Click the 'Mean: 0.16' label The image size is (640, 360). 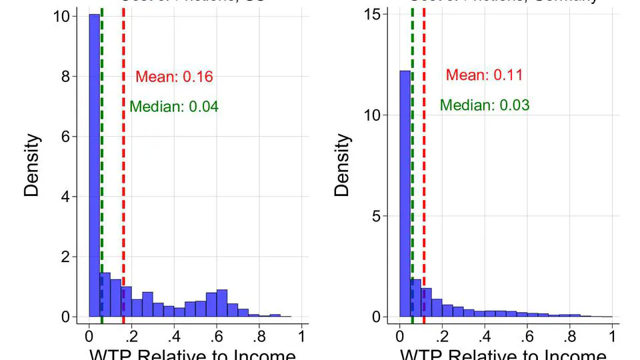(x=174, y=77)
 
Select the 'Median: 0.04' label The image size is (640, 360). (x=174, y=107)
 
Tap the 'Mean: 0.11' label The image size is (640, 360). (x=484, y=75)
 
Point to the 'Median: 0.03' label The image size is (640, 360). (x=485, y=105)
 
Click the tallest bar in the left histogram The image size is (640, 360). (x=95, y=167)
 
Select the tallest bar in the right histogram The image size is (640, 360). (x=405, y=193)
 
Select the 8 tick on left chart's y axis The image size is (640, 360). (x=65, y=77)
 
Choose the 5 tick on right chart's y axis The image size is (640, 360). (x=376, y=216)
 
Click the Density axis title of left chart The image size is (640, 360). (x=33, y=165)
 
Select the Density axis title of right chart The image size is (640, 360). (x=342, y=165)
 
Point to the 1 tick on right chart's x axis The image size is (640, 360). (x=612, y=335)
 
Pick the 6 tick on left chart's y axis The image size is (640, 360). (x=65, y=137)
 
